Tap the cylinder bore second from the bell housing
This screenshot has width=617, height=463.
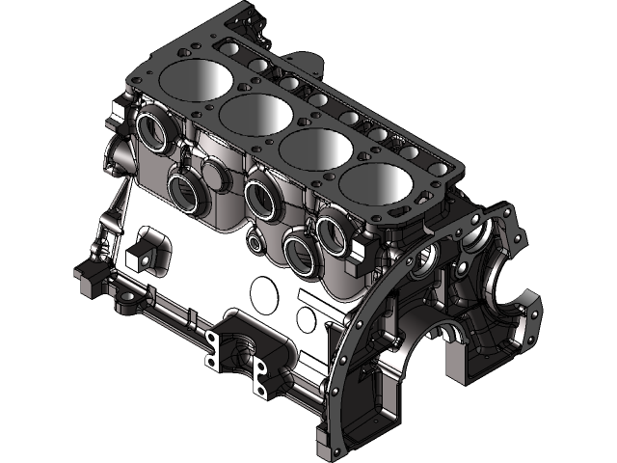[319, 151]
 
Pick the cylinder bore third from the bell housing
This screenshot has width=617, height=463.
[256, 114]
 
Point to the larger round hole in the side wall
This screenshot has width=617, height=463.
[265, 289]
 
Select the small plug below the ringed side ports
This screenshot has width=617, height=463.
[255, 241]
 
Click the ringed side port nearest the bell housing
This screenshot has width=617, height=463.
[334, 228]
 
